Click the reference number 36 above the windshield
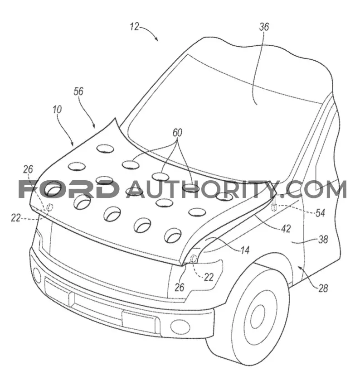pos(264,27)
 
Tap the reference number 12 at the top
pos(135,27)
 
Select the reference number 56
pos(78,91)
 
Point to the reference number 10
pos(57,110)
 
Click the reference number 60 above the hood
pos(177,132)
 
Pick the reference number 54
pos(320,212)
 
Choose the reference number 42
pos(286,229)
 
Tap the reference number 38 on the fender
pos(323,239)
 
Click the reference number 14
pos(245,250)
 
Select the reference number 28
pos(323,288)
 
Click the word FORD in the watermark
pos(69,189)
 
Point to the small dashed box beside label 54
pos(274,207)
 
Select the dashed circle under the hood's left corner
pos(50,207)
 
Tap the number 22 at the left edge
pos(15,218)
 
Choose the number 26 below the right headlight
pos(179,287)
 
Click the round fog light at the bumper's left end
pos(37,275)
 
